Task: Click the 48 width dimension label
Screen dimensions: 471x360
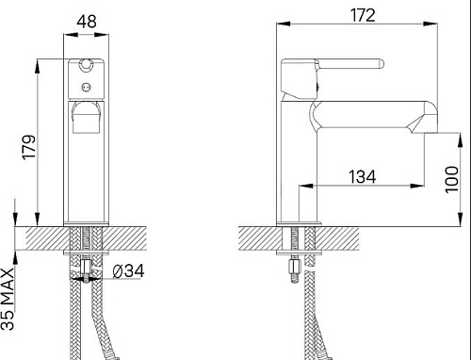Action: [87, 22]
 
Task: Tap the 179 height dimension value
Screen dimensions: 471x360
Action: [29, 147]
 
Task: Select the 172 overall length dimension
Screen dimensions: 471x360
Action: [363, 15]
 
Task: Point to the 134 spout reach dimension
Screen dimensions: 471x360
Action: [363, 176]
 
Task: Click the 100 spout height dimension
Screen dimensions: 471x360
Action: [451, 180]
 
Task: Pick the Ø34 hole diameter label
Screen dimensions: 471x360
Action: [128, 271]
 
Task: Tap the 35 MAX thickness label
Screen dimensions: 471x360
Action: [8, 299]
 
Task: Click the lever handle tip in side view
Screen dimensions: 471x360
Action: [382, 64]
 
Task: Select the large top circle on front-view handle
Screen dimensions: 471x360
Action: [86, 64]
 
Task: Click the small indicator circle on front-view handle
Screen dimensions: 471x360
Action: [86, 87]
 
